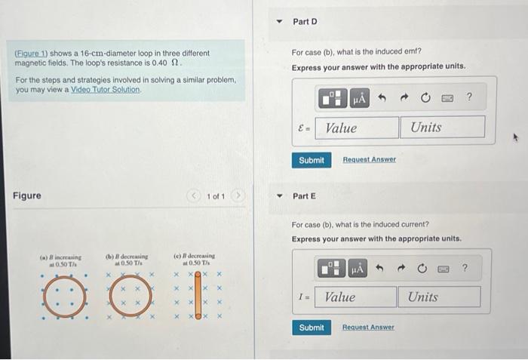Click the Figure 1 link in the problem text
point(29,54)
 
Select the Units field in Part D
point(442,128)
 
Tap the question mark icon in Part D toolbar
point(469,97)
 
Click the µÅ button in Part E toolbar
point(358,268)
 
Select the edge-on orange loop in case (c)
point(197,297)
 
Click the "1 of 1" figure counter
point(216,197)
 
